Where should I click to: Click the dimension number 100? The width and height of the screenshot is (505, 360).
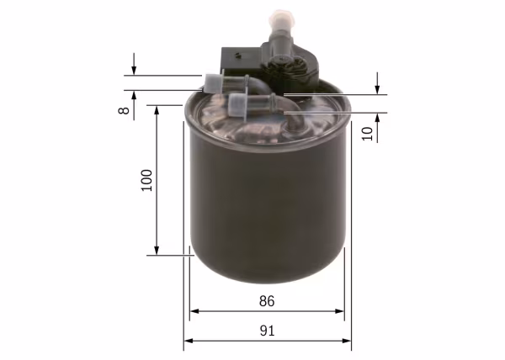point(146,181)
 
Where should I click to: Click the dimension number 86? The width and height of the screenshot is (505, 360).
point(267,301)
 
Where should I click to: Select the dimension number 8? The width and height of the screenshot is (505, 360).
point(124,110)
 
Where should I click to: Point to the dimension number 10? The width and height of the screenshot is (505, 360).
point(367,133)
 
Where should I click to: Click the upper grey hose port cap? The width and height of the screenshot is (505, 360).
point(213,82)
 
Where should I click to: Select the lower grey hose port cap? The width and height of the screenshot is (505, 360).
point(240,107)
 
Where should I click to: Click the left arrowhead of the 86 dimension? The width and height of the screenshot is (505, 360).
point(194,312)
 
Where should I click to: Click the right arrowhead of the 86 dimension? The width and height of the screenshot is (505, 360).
point(341,312)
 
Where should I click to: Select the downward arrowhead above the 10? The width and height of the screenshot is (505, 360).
point(378,90)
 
